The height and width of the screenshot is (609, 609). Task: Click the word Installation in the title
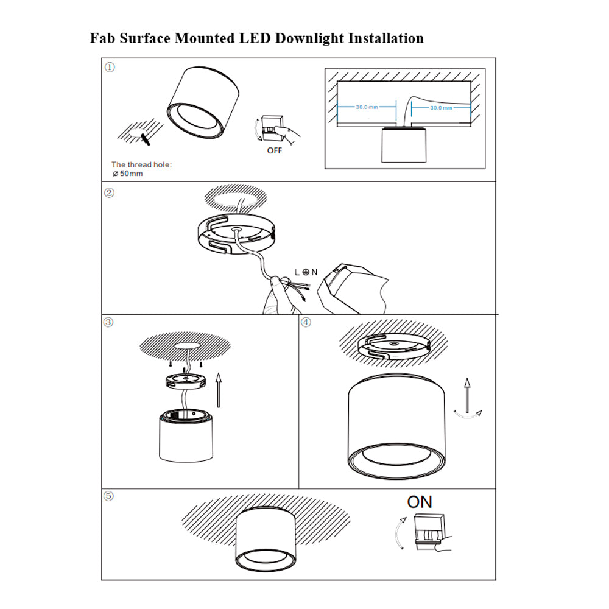385,38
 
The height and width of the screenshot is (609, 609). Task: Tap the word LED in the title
253,38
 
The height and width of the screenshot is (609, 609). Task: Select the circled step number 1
110,67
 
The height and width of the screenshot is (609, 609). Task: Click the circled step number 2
110,193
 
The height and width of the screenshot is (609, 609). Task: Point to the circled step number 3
110,322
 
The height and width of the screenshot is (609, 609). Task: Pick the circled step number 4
306,322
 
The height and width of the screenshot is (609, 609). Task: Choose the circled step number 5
110,496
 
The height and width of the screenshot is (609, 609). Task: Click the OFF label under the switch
275,150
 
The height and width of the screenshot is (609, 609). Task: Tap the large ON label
420,502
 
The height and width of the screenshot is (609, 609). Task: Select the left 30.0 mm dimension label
367,107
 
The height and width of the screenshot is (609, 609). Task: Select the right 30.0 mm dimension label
441,107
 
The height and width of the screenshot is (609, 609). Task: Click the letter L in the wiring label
297,272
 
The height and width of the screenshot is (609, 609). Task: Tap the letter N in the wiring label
314,272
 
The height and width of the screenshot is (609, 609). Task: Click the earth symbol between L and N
305,272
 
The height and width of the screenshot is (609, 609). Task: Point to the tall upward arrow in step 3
219,390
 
